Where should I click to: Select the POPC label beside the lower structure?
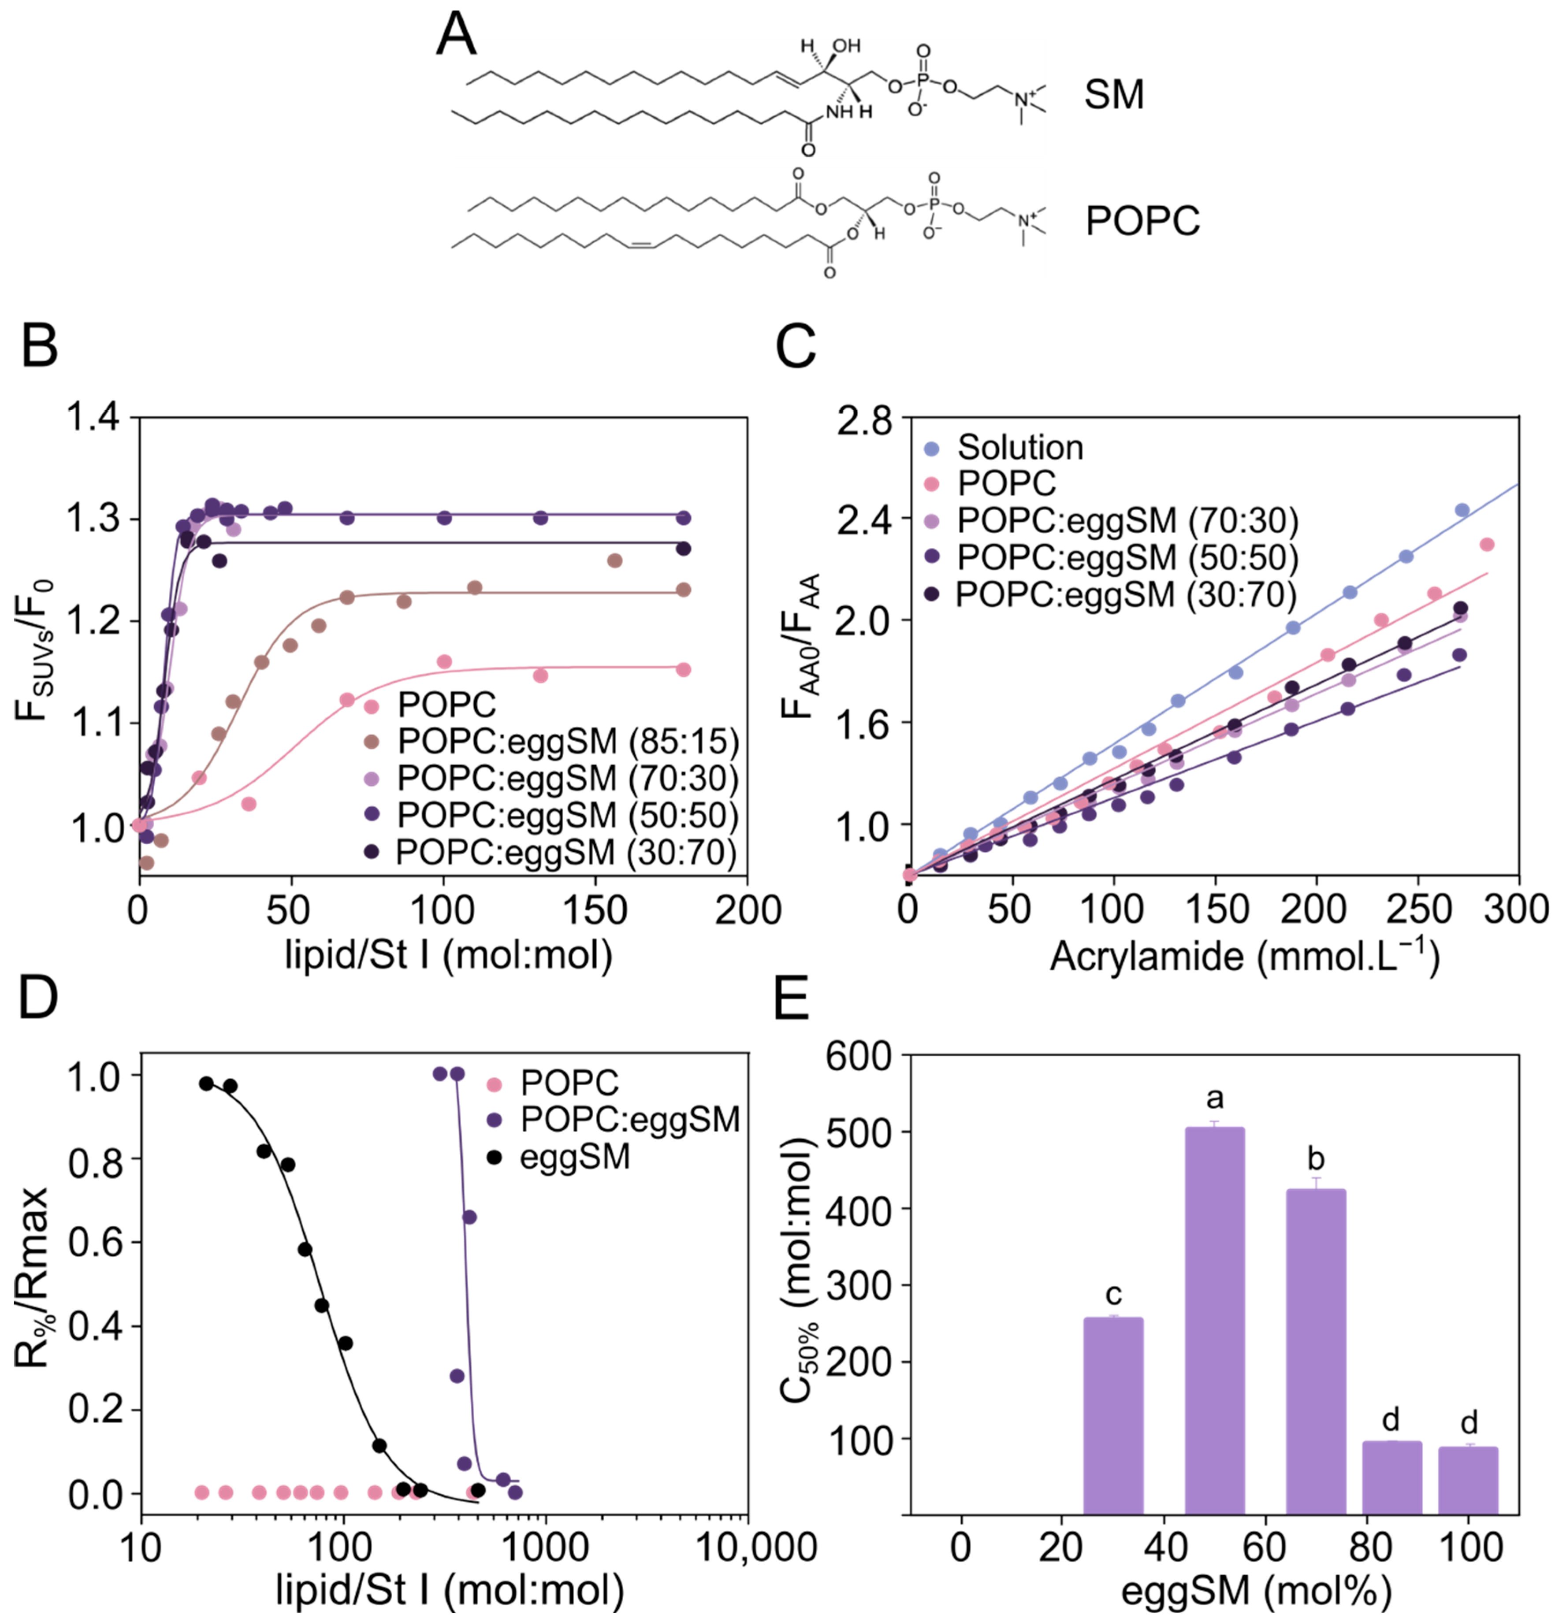(1142, 221)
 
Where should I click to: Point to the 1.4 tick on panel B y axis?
(93, 418)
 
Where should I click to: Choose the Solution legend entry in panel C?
(1019, 448)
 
